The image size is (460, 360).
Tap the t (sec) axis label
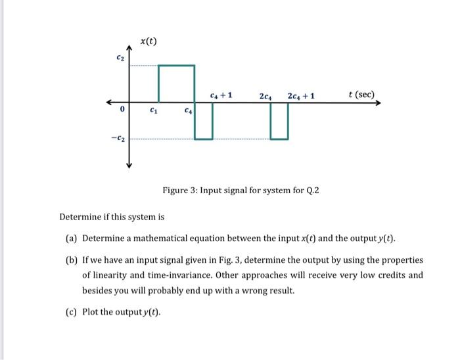click(x=361, y=95)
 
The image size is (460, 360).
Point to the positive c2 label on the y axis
click(x=119, y=60)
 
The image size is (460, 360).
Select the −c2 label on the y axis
click(x=118, y=139)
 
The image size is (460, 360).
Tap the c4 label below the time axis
click(x=189, y=110)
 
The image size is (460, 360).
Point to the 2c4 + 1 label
click(x=301, y=95)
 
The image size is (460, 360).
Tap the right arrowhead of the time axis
click(x=377, y=102)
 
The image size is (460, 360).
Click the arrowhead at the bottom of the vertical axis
click(x=129, y=165)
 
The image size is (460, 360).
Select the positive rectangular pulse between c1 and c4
click(x=177, y=83)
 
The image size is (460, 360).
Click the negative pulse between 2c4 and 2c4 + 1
click(x=279, y=121)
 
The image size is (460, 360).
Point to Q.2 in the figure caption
click(x=312, y=191)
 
